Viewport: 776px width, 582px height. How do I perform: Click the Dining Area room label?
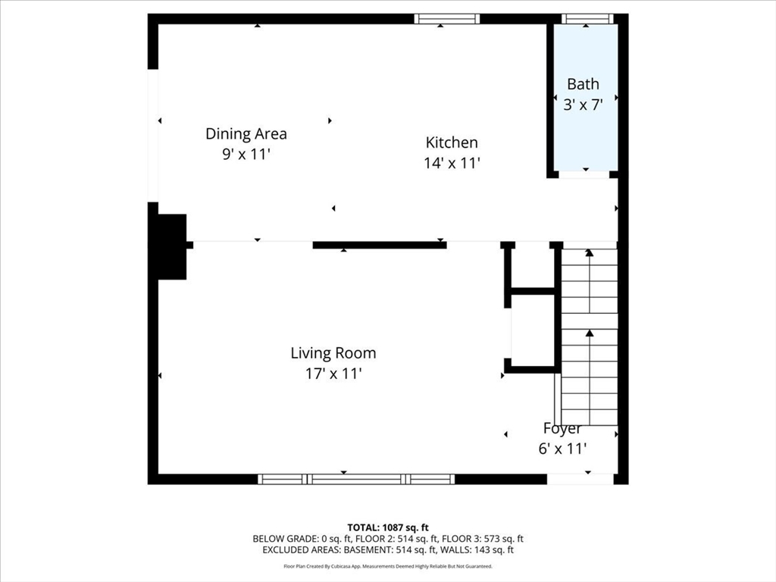click(x=246, y=134)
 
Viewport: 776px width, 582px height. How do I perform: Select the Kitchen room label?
click(x=452, y=142)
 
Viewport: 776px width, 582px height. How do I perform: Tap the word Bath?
click(x=583, y=84)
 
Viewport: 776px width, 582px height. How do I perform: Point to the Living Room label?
click(x=333, y=353)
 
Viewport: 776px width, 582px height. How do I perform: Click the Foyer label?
click(x=562, y=429)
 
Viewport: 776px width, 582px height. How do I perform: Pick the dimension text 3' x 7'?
click(x=583, y=105)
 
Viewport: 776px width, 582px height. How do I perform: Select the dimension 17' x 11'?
click(x=333, y=374)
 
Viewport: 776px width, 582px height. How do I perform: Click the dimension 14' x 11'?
click(x=452, y=163)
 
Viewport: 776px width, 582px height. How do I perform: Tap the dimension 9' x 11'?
click(x=246, y=155)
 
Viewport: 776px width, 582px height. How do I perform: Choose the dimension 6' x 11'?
click(x=562, y=449)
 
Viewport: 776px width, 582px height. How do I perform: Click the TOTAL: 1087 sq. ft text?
click(x=388, y=527)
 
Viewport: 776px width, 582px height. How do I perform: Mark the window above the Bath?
click(x=586, y=19)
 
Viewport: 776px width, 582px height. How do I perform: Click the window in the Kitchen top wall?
click(x=447, y=19)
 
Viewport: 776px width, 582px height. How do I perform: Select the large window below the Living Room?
click(x=356, y=479)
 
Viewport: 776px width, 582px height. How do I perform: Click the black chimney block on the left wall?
click(x=172, y=246)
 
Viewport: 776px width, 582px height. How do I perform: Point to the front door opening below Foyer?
click(x=580, y=479)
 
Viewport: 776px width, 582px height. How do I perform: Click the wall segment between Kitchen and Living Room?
click(x=379, y=245)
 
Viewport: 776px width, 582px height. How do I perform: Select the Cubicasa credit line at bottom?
click(x=388, y=566)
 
